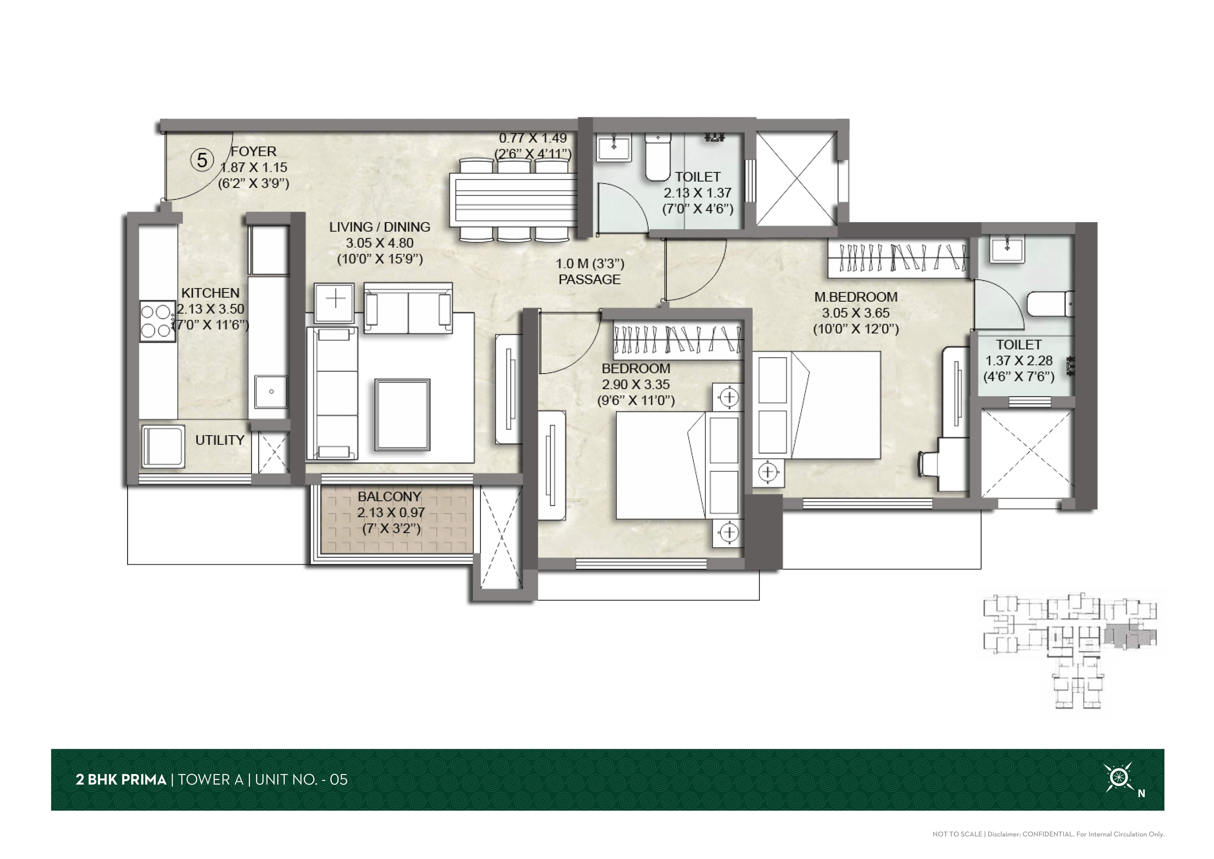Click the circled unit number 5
tap(202, 160)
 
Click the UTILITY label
tap(220, 440)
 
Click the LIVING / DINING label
tap(380, 227)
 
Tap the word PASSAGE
tap(590, 279)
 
